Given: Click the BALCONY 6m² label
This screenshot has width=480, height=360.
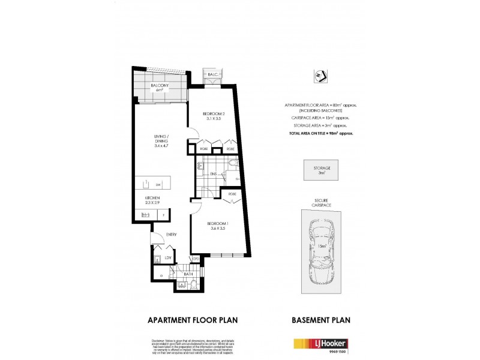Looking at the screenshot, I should tap(160, 88).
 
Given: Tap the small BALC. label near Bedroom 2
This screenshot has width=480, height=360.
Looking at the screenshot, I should tap(212, 74).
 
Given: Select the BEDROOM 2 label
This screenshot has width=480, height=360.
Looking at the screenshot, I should tap(213, 116).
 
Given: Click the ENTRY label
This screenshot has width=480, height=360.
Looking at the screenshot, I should tap(171, 235).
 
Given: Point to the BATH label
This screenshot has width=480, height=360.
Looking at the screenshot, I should tap(187, 274).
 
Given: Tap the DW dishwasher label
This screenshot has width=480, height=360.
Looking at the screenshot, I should tap(157, 184).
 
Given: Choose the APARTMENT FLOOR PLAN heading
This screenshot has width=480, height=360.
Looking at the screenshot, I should tap(193, 320).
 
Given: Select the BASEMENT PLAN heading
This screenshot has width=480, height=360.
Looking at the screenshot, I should tap(320, 320).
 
